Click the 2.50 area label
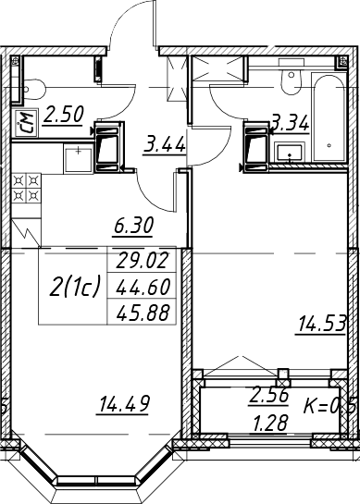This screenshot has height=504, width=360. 63,115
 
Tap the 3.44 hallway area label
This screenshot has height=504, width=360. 165,144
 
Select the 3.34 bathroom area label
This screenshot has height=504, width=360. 291,123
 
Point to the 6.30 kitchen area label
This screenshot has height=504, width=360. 132,227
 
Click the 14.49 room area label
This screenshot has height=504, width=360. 124,404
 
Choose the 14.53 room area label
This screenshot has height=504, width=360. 322,324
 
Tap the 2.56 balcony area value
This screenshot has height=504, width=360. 269,396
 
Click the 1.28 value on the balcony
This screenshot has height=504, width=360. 270,423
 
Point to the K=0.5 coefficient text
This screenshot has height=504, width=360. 329,406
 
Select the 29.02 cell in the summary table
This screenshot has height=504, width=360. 143,260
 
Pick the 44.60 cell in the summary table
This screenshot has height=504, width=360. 143,287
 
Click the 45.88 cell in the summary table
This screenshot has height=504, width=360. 143,313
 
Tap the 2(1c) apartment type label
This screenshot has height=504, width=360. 75,287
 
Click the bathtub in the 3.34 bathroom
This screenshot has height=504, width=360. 329,117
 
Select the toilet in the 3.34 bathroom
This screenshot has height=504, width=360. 292,77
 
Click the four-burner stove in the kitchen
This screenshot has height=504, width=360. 27,188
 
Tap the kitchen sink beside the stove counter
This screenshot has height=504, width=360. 79,158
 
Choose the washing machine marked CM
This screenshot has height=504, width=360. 25,123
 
